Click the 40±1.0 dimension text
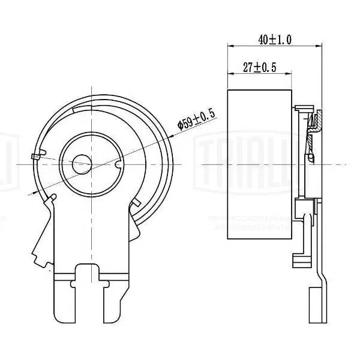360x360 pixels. (x=275, y=40)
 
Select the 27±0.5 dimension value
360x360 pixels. (x=259, y=68)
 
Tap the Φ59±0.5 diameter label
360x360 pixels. (x=196, y=119)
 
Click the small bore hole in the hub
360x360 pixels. (x=81, y=163)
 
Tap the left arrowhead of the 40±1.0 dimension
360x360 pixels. (x=231, y=46)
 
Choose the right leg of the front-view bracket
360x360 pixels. (x=117, y=300)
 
